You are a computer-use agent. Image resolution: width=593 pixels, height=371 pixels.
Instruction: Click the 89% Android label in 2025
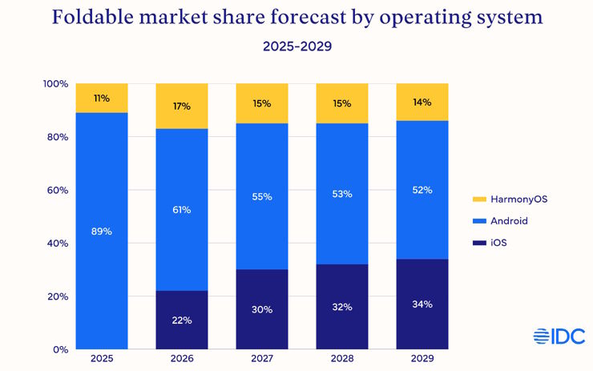[x=102, y=232]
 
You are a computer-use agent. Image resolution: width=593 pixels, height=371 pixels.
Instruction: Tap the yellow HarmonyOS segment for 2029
[x=422, y=102]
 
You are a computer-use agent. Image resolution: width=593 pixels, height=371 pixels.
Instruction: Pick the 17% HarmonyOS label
[x=182, y=106]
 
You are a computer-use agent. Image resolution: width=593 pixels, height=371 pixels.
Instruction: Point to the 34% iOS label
[x=422, y=304]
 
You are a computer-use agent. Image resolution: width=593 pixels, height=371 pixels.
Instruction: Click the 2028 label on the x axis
[x=342, y=359]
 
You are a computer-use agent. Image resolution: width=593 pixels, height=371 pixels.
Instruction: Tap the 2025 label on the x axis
[x=102, y=359]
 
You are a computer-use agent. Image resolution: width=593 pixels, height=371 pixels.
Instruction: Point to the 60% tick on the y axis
[x=55, y=191]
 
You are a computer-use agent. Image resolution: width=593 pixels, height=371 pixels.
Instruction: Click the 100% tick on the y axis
[x=54, y=84]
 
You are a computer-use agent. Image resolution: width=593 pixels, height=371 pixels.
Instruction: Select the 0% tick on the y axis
[x=59, y=349]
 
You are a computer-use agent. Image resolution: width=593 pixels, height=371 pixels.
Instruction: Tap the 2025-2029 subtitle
[x=296, y=46]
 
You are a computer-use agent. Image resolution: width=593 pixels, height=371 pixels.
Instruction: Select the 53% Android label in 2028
[x=342, y=193]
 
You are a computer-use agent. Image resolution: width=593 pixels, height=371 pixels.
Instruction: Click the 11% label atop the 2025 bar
[x=102, y=99]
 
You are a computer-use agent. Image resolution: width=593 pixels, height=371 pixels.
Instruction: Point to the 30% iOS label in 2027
[x=262, y=309]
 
